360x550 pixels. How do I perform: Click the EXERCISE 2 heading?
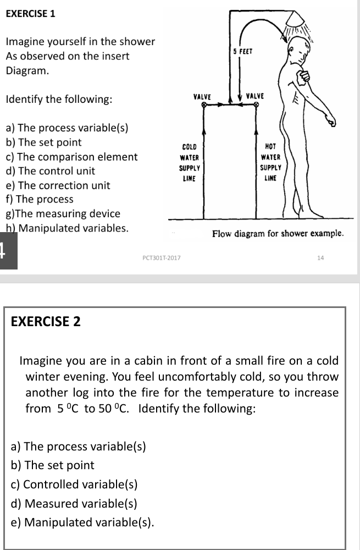pyautogui.click(x=46, y=321)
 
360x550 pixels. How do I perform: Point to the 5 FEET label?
pyautogui.click(x=242, y=51)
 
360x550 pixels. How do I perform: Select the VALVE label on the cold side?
pyautogui.click(x=203, y=96)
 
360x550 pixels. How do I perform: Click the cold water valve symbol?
pyautogui.click(x=204, y=103)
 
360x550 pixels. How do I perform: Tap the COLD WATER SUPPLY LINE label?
pyautogui.click(x=190, y=163)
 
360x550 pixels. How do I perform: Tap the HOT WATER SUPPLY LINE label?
pyautogui.click(x=270, y=162)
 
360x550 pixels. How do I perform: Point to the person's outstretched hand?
pyautogui.click(x=332, y=122)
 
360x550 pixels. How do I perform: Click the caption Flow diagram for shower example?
pyautogui.click(x=278, y=234)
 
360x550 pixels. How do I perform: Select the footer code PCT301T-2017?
pyautogui.click(x=162, y=257)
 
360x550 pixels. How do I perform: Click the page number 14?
pyautogui.click(x=321, y=257)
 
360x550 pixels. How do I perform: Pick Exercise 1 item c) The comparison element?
pyautogui.click(x=71, y=157)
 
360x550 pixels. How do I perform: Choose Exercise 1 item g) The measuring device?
pyautogui.click(x=63, y=213)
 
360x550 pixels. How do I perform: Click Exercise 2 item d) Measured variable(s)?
pyautogui.click(x=74, y=503)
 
